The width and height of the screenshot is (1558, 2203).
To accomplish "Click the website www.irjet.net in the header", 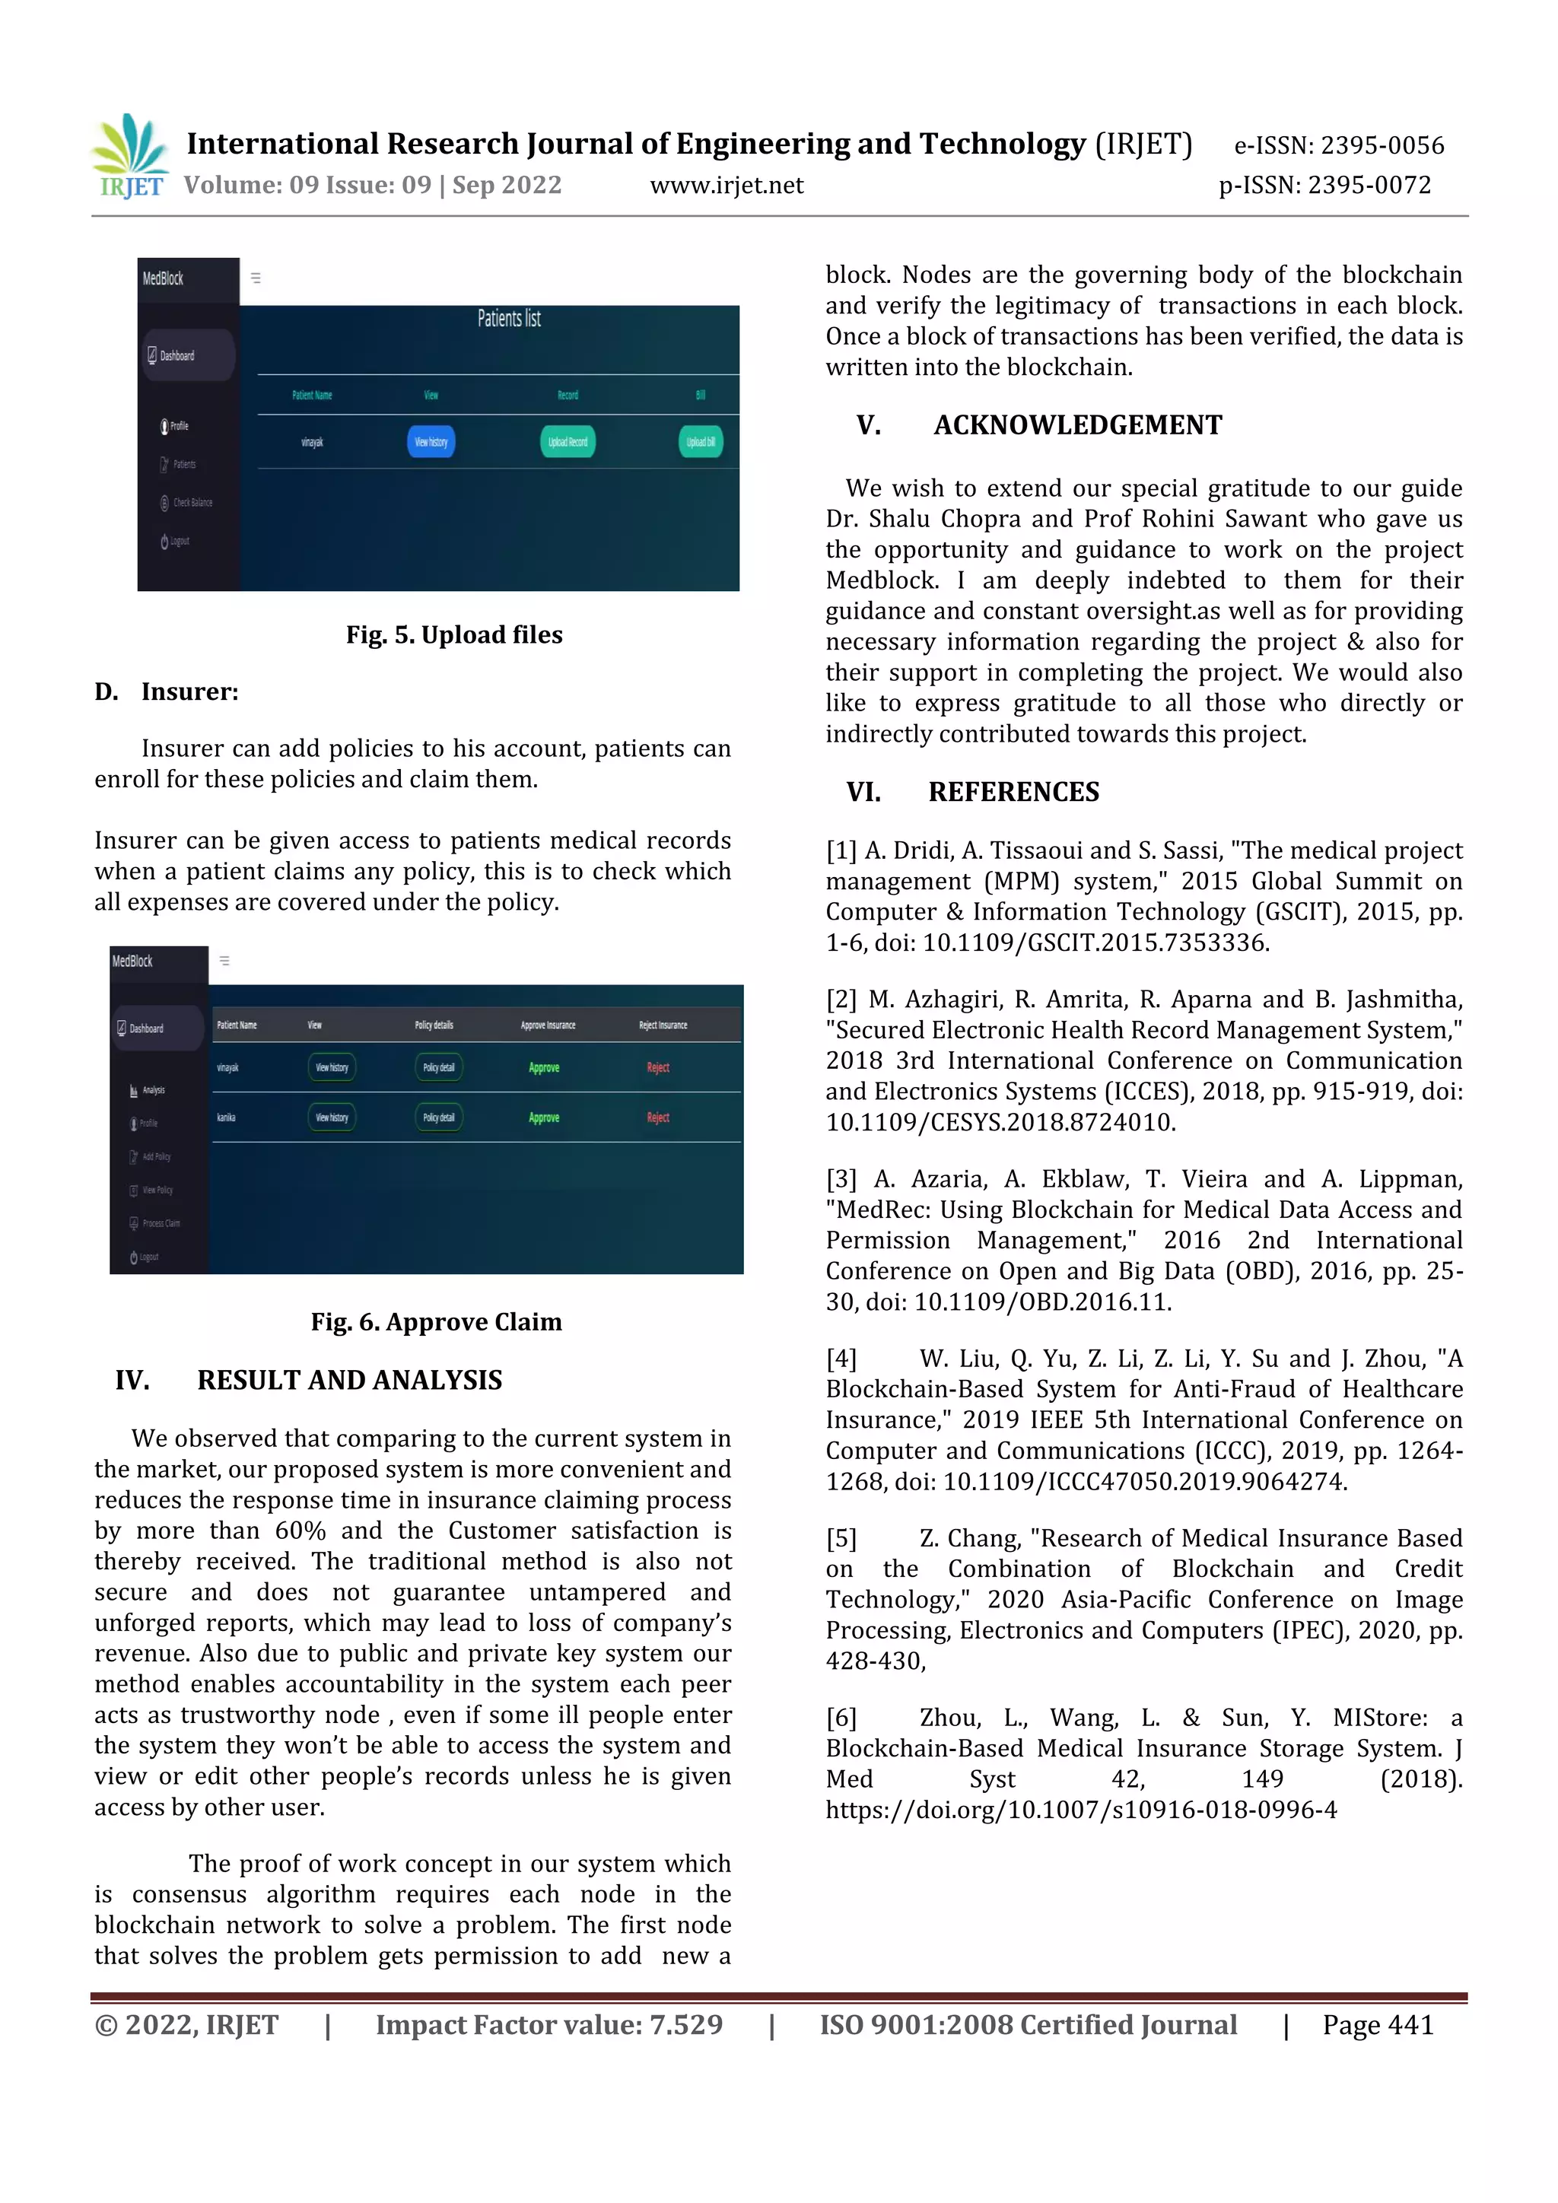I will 727,185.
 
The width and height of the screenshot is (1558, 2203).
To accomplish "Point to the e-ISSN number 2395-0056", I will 1382,146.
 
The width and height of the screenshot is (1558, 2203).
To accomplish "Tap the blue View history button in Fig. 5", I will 431,441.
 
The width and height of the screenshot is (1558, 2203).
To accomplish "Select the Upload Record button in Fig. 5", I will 568,441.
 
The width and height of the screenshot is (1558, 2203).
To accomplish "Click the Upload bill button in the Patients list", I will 701,441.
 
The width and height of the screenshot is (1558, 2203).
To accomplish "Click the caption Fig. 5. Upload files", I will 453,635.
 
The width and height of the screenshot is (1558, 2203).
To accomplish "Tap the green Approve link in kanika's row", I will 544,1117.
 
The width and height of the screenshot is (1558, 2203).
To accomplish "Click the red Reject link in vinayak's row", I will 658,1068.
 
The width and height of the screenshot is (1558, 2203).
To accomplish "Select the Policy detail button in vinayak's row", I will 438,1068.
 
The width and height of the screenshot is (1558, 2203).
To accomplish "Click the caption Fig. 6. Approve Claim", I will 436,1322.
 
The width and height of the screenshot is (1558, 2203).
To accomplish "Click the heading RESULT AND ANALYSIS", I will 349,1381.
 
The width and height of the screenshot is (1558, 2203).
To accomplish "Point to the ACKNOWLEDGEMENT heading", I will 1077,425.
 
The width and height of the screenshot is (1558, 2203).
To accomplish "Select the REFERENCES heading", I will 1013,793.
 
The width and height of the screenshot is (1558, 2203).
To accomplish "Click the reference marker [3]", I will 841,1179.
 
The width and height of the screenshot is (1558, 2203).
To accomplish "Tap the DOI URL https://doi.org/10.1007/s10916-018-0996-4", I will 1081,1810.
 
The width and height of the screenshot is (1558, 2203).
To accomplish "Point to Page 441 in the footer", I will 1378,2026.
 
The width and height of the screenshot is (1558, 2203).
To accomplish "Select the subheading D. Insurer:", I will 167,691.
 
